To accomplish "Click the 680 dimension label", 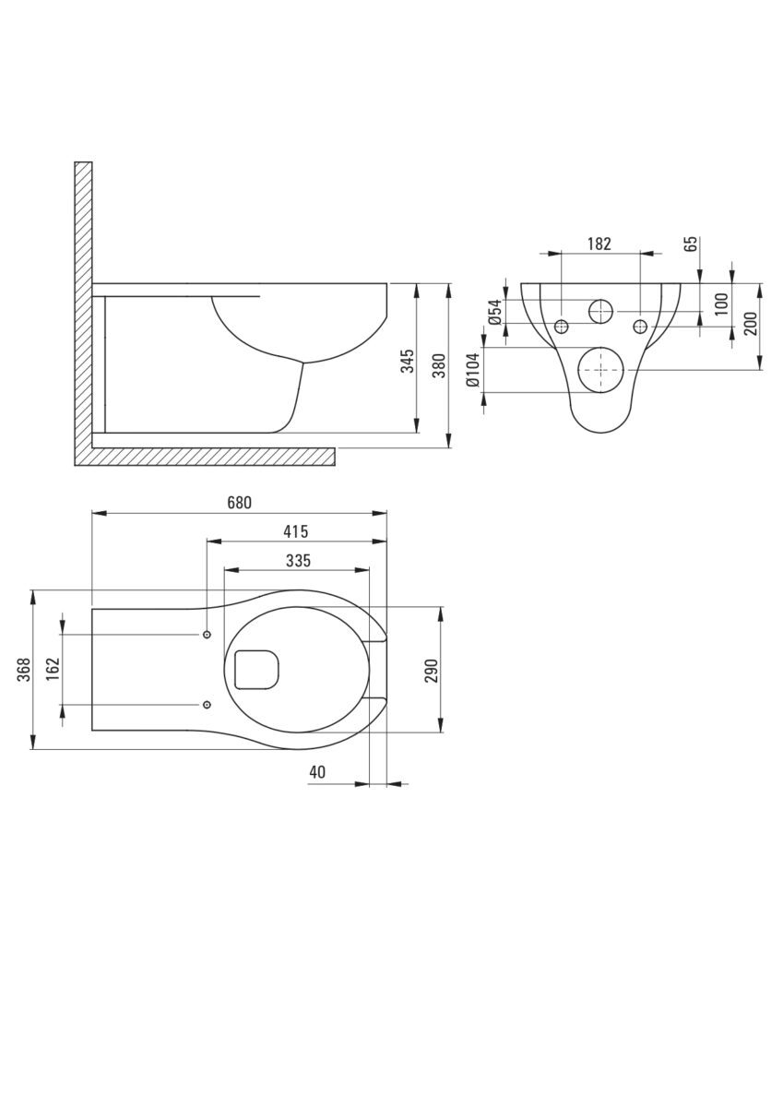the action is pos(240,503).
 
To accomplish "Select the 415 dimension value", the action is pos(296,531).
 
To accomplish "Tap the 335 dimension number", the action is pos(299,561).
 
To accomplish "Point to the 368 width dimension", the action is pos(24,670).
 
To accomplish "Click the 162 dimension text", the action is pos(53,669).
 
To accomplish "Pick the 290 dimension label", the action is pos(432,671).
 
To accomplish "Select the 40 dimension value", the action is pos(317,772).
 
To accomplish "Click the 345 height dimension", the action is pos(408,361).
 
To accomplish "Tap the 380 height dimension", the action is pos(439,365).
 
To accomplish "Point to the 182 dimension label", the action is pos(599,244).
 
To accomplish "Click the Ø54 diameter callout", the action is pos(495,312).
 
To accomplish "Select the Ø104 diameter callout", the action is pos(473,370).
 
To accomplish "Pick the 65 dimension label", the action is pos(692,244).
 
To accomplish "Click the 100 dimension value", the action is pos(722,304).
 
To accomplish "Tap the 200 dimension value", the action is pos(751,324).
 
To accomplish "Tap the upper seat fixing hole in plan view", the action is pos(207,634).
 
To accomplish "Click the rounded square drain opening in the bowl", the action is pos(256,670).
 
